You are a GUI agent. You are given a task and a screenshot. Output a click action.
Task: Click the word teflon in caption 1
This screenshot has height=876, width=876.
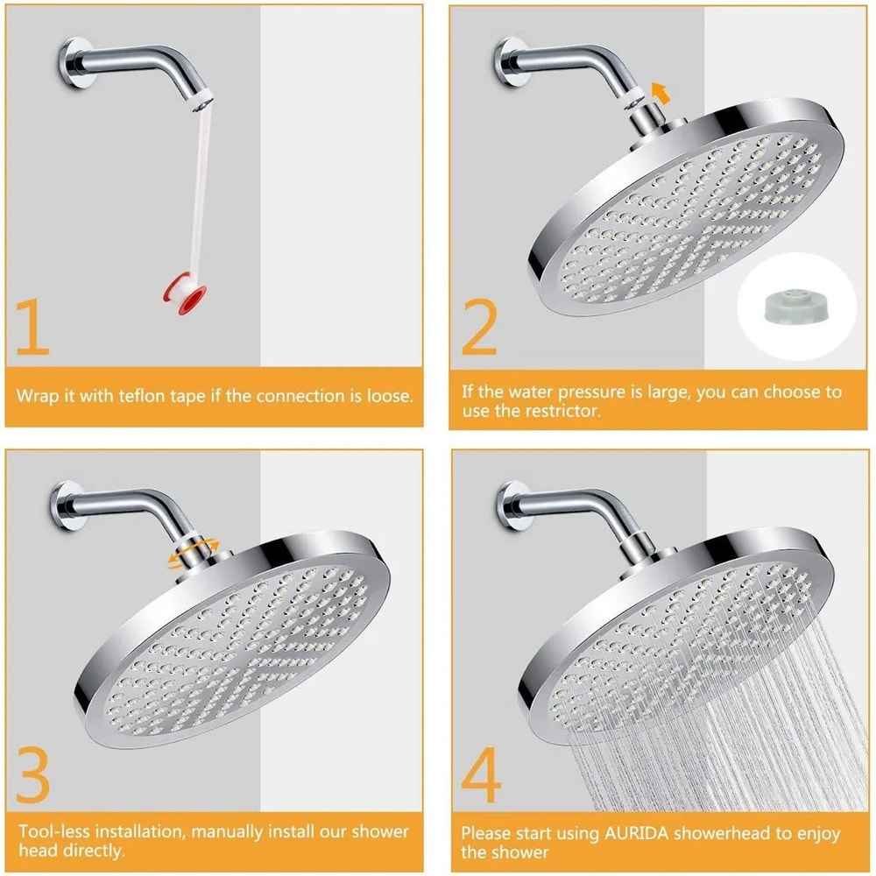click(168, 396)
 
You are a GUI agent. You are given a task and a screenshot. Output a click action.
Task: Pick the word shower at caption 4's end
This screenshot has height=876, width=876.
click(520, 852)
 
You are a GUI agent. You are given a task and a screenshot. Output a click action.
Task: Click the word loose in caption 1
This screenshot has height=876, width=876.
click(386, 396)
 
